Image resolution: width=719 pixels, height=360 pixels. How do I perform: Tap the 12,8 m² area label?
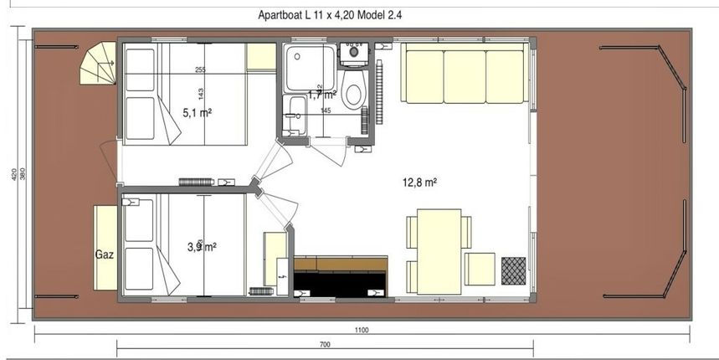pyautogui.click(x=423, y=182)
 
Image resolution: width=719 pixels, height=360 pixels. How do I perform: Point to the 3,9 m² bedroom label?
pyautogui.click(x=201, y=246)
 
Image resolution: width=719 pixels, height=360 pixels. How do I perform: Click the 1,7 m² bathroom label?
pyautogui.click(x=322, y=95)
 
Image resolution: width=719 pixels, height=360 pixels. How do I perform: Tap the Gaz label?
pyautogui.click(x=105, y=250)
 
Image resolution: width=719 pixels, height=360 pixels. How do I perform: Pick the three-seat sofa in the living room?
pyautogui.click(x=464, y=74)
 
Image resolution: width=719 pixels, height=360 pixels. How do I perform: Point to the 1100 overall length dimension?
pyautogui.click(x=361, y=330)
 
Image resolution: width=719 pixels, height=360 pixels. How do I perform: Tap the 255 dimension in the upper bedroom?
pyautogui.click(x=200, y=69)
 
